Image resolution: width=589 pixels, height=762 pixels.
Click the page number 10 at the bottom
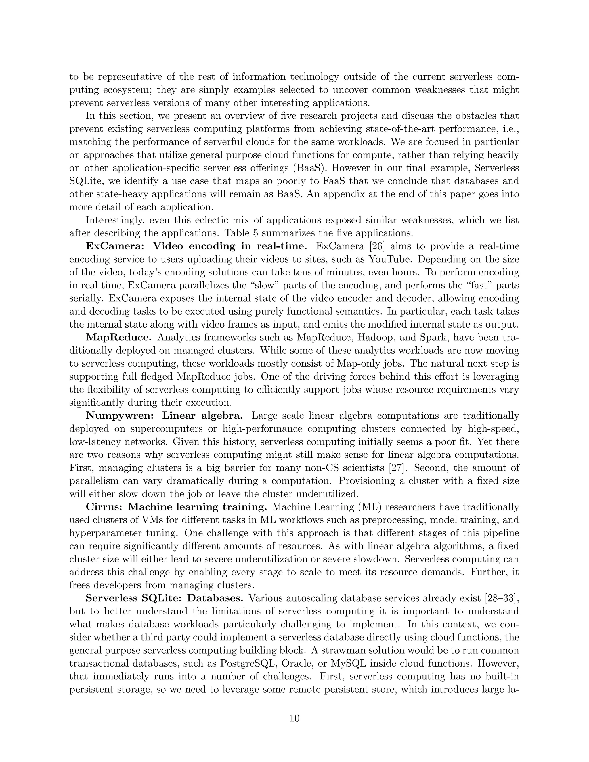(294, 718)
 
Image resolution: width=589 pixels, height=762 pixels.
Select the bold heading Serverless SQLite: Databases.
(164, 598)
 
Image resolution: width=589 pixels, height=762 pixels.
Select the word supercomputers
(158, 429)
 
